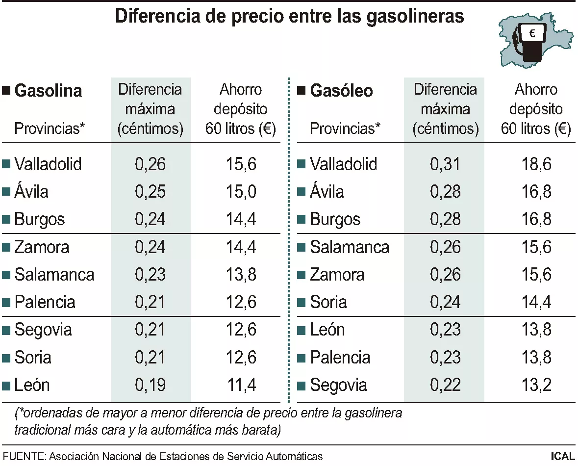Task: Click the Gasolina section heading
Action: (x=48, y=91)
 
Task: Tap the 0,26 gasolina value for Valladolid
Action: (x=150, y=164)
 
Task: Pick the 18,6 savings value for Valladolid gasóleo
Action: (x=536, y=164)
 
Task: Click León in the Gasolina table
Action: (x=32, y=385)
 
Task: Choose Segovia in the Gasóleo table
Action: (x=338, y=385)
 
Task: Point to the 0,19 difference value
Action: (x=150, y=385)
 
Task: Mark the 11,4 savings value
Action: (x=241, y=385)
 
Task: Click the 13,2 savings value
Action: (x=536, y=385)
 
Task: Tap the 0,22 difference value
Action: (x=445, y=385)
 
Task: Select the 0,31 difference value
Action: (x=445, y=164)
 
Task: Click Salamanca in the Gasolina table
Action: (x=54, y=274)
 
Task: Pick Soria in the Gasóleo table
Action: (x=328, y=302)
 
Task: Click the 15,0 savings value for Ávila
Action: (x=241, y=191)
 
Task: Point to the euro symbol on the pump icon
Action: (x=532, y=34)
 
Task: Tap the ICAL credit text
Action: (x=562, y=456)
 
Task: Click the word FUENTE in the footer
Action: (x=23, y=456)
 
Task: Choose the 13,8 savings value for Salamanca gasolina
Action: (x=241, y=274)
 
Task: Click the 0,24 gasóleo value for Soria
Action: (x=445, y=302)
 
